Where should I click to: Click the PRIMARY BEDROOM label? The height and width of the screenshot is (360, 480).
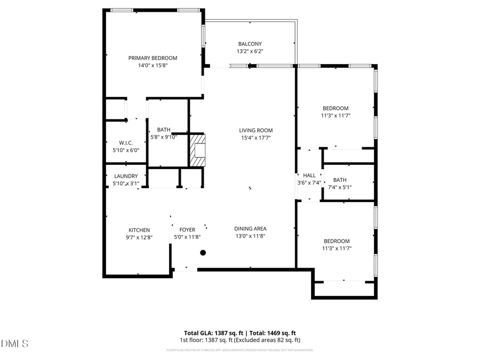coord(153,58)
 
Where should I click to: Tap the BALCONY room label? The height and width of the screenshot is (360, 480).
coord(250,44)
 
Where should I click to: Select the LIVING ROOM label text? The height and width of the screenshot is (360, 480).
coord(255,130)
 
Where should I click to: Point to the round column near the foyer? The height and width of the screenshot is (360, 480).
coord(203,253)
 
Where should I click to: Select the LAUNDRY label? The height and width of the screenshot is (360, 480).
coord(126,176)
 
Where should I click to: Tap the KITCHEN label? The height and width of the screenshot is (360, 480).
coord(139,230)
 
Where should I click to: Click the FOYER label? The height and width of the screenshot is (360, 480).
coord(187,230)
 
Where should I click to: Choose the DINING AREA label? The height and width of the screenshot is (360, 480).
coord(250,229)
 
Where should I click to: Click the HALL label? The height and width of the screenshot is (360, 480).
coord(309,175)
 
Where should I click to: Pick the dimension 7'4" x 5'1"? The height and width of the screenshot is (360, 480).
coord(340,187)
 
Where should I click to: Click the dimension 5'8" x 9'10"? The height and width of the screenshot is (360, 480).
coord(164,137)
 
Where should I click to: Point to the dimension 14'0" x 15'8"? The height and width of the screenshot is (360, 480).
coord(153,66)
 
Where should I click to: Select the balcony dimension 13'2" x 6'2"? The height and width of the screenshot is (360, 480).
coord(250,52)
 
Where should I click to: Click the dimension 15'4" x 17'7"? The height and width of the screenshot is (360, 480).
coord(255,138)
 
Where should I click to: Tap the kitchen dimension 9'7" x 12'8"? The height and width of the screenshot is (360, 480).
coord(139,237)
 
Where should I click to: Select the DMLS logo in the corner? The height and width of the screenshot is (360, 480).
coord(14,343)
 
